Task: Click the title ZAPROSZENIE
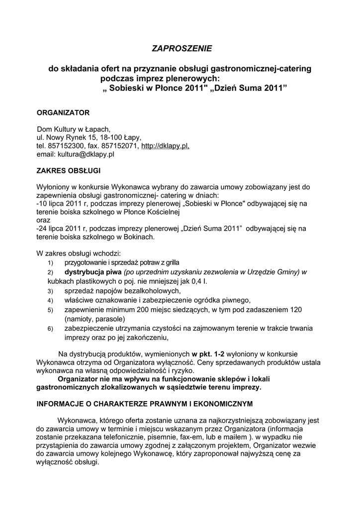tap(181, 48)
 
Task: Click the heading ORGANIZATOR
tap(64, 112)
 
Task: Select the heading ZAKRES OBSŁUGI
tap(69, 170)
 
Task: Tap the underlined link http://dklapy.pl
tap(165, 146)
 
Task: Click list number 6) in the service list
tap(50, 329)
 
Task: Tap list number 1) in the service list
tap(50, 263)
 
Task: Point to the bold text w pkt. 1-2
tap(208, 353)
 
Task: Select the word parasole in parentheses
tap(110, 319)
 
